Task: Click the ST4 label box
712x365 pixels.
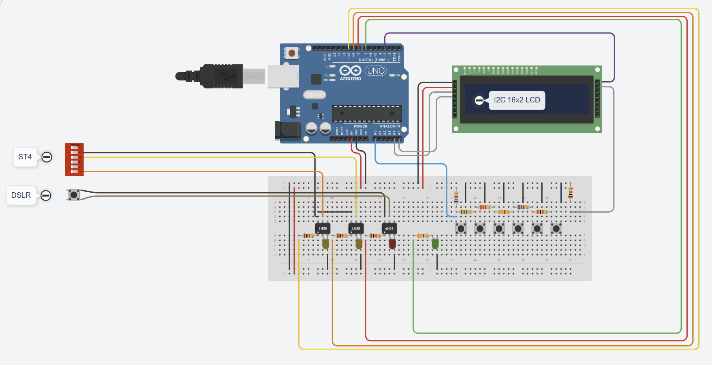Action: (x=25, y=157)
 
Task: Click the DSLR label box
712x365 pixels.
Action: (x=21, y=195)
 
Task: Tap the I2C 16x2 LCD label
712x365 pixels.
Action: (x=517, y=100)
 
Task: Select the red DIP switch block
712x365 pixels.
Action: (x=74, y=159)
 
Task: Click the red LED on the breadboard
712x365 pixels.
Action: (x=392, y=244)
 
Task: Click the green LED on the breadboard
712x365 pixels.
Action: (x=435, y=244)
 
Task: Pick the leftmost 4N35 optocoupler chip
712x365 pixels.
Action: (x=323, y=228)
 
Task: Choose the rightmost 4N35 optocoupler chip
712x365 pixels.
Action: (x=389, y=228)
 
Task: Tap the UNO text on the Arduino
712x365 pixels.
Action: (x=376, y=71)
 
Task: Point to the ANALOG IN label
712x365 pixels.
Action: (x=390, y=126)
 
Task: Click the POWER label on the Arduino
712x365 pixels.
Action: (x=360, y=126)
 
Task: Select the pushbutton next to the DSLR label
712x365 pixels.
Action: (x=73, y=195)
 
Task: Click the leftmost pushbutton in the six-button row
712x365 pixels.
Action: (x=461, y=228)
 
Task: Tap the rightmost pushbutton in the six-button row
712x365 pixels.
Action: (x=556, y=228)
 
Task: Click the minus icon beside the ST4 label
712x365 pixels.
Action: (x=47, y=157)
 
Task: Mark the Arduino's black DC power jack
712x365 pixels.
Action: (x=287, y=131)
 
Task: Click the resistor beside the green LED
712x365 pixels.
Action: (x=422, y=235)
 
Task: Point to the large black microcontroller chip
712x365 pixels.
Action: (x=367, y=114)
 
